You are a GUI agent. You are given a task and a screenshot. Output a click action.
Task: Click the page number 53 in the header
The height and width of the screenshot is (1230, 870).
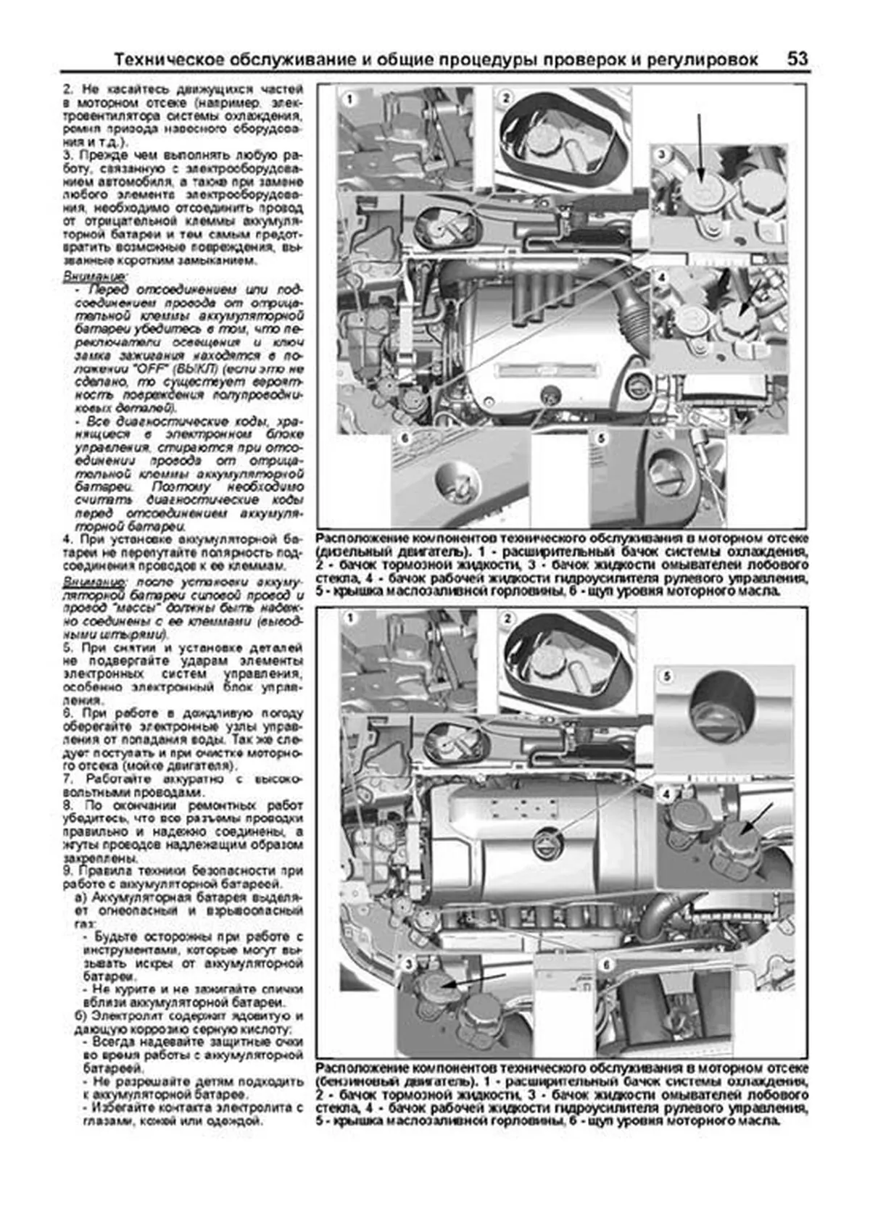tap(797, 59)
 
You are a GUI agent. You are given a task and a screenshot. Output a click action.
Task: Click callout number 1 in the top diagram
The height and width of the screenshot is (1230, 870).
tap(349, 99)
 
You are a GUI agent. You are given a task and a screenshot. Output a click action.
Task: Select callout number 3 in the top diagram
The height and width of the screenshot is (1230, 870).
tap(661, 154)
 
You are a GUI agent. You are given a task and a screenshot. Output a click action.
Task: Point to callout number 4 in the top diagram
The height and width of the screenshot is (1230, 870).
tap(661, 277)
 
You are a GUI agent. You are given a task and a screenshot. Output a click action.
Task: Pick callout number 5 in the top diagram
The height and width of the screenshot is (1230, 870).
tap(601, 439)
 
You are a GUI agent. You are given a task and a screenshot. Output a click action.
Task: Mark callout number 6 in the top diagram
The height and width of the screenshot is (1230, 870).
tap(404, 439)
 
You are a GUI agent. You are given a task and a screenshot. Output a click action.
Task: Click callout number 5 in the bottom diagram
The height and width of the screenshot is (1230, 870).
tap(666, 676)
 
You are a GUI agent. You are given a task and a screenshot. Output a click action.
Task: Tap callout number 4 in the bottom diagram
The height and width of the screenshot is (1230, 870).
tap(666, 794)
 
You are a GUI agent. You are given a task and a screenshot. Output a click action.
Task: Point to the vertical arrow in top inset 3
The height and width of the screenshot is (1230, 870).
tap(700, 145)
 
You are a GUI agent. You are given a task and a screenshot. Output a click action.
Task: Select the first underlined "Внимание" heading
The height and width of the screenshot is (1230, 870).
tap(93, 277)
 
